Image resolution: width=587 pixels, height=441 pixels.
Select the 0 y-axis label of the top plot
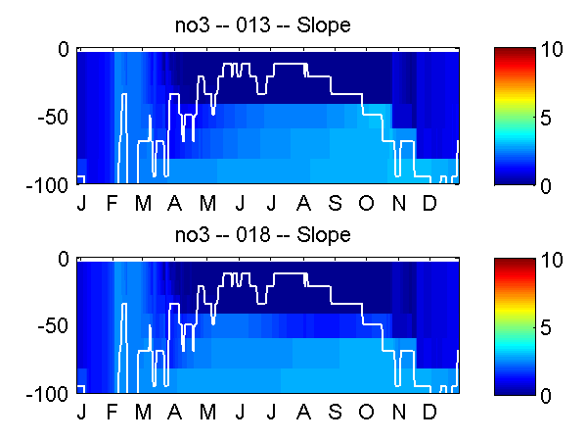click(64, 49)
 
